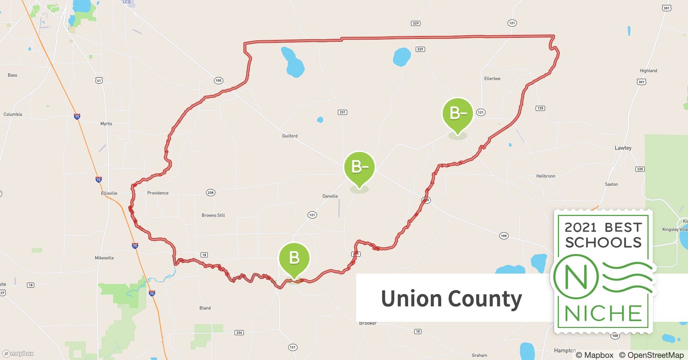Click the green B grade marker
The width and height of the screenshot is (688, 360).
tap(294, 258)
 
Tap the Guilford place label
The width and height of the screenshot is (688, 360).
tap(290, 136)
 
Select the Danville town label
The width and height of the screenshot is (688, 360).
tap(330, 196)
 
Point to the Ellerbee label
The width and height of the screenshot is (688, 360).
tap(492, 78)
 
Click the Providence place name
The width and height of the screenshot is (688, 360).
tap(158, 193)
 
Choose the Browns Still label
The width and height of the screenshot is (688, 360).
tap(213, 215)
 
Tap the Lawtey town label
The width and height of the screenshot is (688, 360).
tap(623, 148)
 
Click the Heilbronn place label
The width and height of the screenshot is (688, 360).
tap(545, 176)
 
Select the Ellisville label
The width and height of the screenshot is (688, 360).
tap(109, 193)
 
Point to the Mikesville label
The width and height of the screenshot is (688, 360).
tap(104, 258)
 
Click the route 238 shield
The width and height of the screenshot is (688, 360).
tap(210, 193)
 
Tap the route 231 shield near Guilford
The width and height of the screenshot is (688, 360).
tap(342, 112)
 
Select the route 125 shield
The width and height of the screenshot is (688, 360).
tap(540, 108)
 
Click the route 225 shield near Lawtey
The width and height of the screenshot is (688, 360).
tap(640, 169)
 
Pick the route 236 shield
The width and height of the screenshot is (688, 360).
tap(239, 333)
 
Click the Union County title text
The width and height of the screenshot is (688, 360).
tap(451, 298)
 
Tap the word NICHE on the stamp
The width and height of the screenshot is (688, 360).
tap(603, 313)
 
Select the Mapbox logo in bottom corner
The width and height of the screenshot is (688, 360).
tap(18, 354)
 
